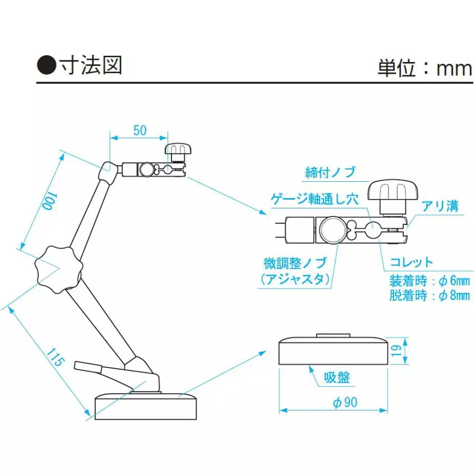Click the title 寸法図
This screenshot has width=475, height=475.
pos(91,66)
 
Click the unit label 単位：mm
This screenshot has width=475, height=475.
pos(424,68)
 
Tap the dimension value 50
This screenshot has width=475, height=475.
pos(140,130)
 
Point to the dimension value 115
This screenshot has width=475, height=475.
pos(56,357)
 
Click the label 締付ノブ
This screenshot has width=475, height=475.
pos(330,172)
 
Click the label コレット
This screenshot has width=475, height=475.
pos(411,262)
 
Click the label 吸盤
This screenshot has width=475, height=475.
pos(337,378)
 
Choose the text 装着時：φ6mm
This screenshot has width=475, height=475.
pos(429,281)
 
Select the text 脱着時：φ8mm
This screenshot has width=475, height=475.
pos(429,296)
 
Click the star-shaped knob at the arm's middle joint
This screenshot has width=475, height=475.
pos(57,268)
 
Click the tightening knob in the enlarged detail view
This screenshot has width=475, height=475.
pos(394,191)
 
